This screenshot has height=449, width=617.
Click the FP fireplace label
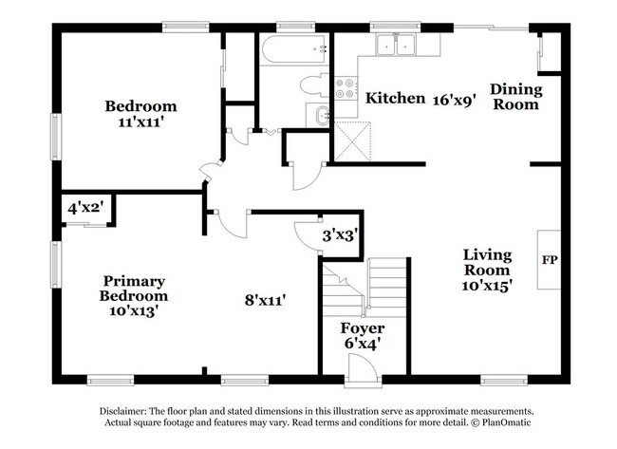[x=549, y=259]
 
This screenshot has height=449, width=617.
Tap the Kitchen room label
[x=395, y=98]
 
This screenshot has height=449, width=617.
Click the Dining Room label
[x=515, y=97]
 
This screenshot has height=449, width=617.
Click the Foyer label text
[x=363, y=328]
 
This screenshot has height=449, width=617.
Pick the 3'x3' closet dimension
[x=339, y=234]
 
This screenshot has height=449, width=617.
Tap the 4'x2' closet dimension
[x=84, y=206]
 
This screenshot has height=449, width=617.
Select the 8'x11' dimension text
[x=266, y=300]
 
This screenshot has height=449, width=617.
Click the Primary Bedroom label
[x=135, y=288]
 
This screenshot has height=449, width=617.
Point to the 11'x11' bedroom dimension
[x=140, y=122]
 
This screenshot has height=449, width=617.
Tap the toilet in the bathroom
[x=310, y=86]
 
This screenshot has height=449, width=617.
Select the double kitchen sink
[x=396, y=44]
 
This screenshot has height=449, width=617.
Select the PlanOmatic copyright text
[x=493, y=424]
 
